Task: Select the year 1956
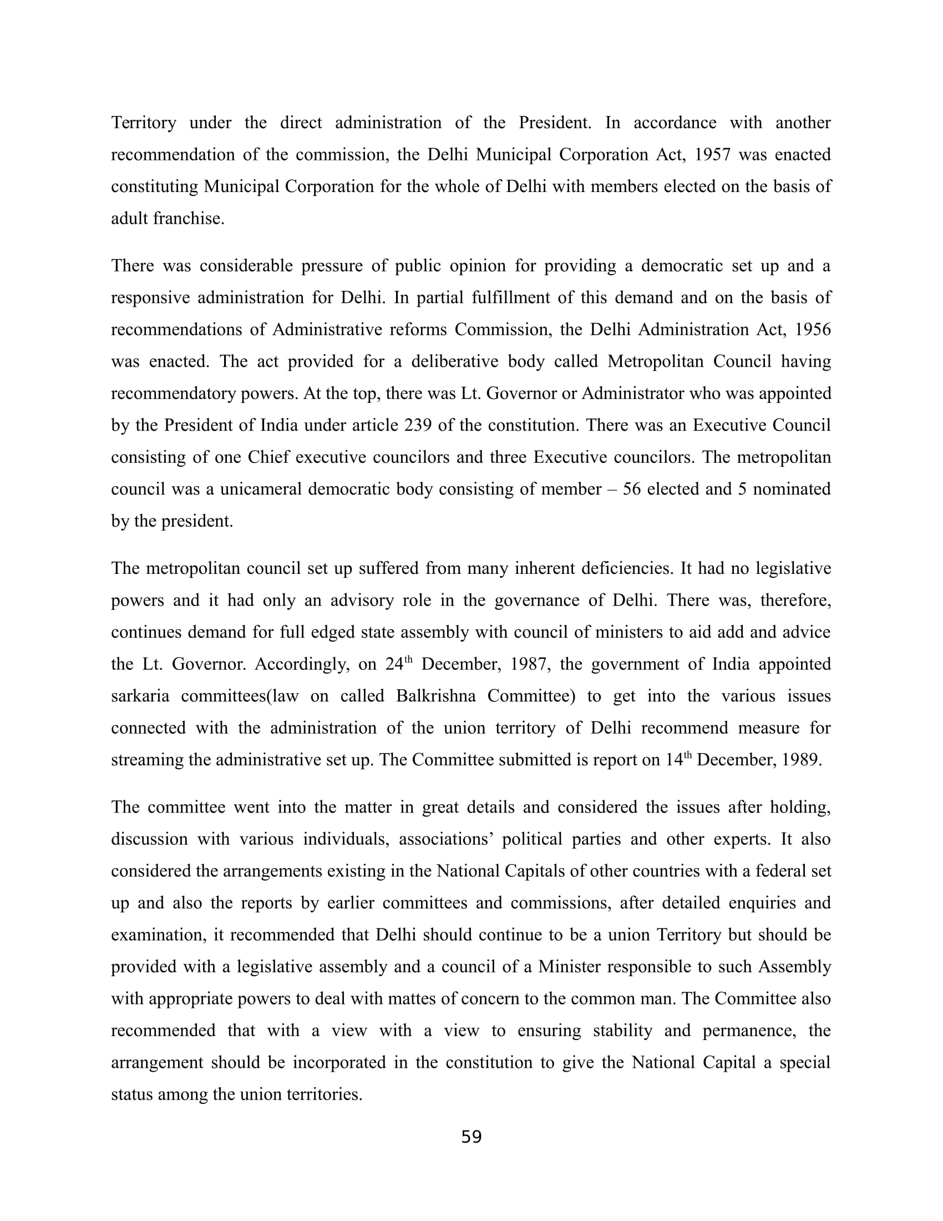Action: click(x=812, y=330)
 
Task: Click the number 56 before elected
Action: click(x=632, y=489)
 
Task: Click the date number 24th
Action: click(x=398, y=664)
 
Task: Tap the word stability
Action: click(x=622, y=1031)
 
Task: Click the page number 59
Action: click(x=471, y=1137)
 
